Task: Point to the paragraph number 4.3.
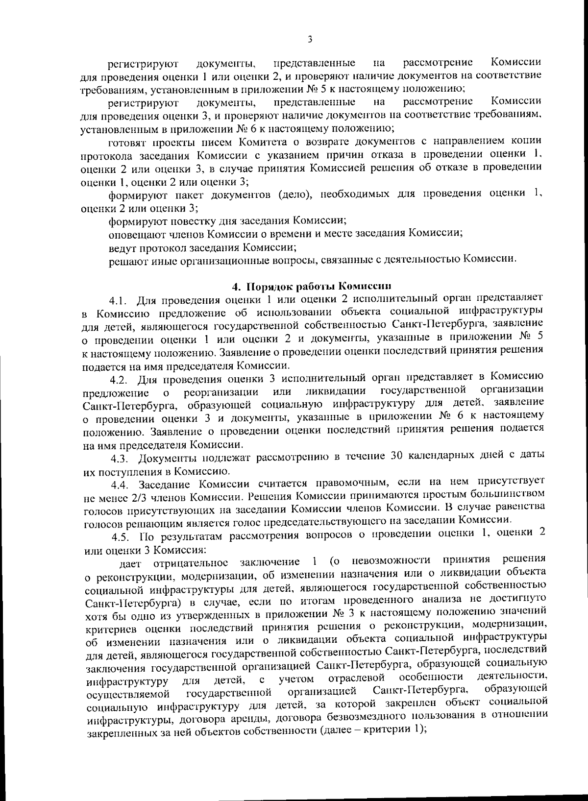coord(120,459)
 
